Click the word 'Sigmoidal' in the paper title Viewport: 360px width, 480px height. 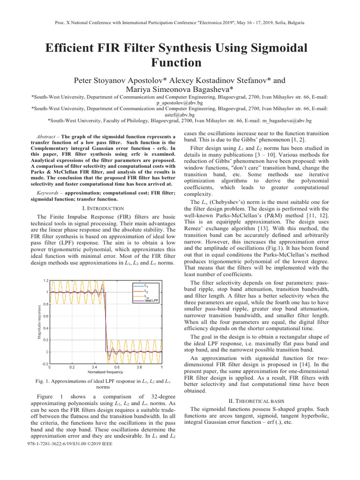point(270,48)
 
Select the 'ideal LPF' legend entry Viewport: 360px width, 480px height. point(151,301)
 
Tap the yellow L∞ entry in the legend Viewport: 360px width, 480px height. point(147,296)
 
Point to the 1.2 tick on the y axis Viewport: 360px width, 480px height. point(45,280)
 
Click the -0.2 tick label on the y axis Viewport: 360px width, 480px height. point(45,363)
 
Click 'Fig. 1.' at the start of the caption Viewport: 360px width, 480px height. point(44,382)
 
